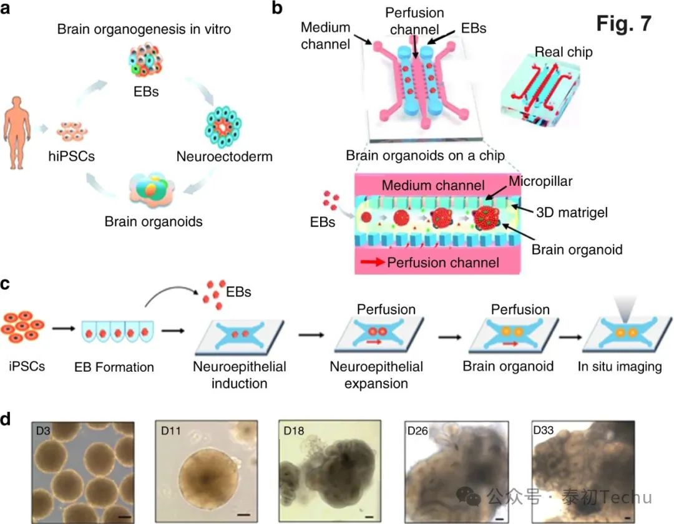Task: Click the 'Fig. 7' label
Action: pyautogui.click(x=623, y=23)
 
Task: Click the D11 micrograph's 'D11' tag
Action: pyautogui.click(x=172, y=430)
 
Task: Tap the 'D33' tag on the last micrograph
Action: pyautogui.click(x=545, y=430)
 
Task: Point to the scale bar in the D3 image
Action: pyautogui.click(x=125, y=515)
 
